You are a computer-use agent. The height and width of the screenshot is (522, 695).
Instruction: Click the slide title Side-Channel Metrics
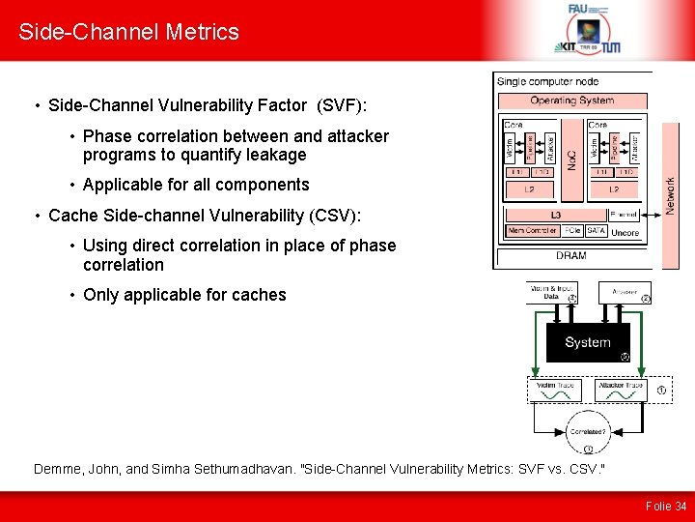[x=128, y=32]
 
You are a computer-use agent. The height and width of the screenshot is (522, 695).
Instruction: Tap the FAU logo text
[x=577, y=9]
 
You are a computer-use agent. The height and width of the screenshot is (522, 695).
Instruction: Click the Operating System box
[x=571, y=101]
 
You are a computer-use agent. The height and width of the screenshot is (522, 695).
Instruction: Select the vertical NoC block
[x=571, y=158]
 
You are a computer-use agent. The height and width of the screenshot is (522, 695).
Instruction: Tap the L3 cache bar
[x=555, y=214]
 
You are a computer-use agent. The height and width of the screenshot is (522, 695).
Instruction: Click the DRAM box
[x=570, y=256]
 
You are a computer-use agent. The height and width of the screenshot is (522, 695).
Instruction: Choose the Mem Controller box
[x=532, y=232]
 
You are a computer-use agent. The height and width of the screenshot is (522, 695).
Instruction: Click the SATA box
[x=596, y=232]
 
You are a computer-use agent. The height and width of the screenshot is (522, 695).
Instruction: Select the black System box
[x=588, y=342]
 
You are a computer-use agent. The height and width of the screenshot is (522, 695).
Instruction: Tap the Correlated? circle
[x=588, y=431]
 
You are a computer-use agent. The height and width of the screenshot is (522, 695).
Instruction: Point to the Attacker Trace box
[x=621, y=390]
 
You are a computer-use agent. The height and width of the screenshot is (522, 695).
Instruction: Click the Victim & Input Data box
[x=551, y=291]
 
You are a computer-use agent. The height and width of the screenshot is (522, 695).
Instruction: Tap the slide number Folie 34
[x=666, y=506]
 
